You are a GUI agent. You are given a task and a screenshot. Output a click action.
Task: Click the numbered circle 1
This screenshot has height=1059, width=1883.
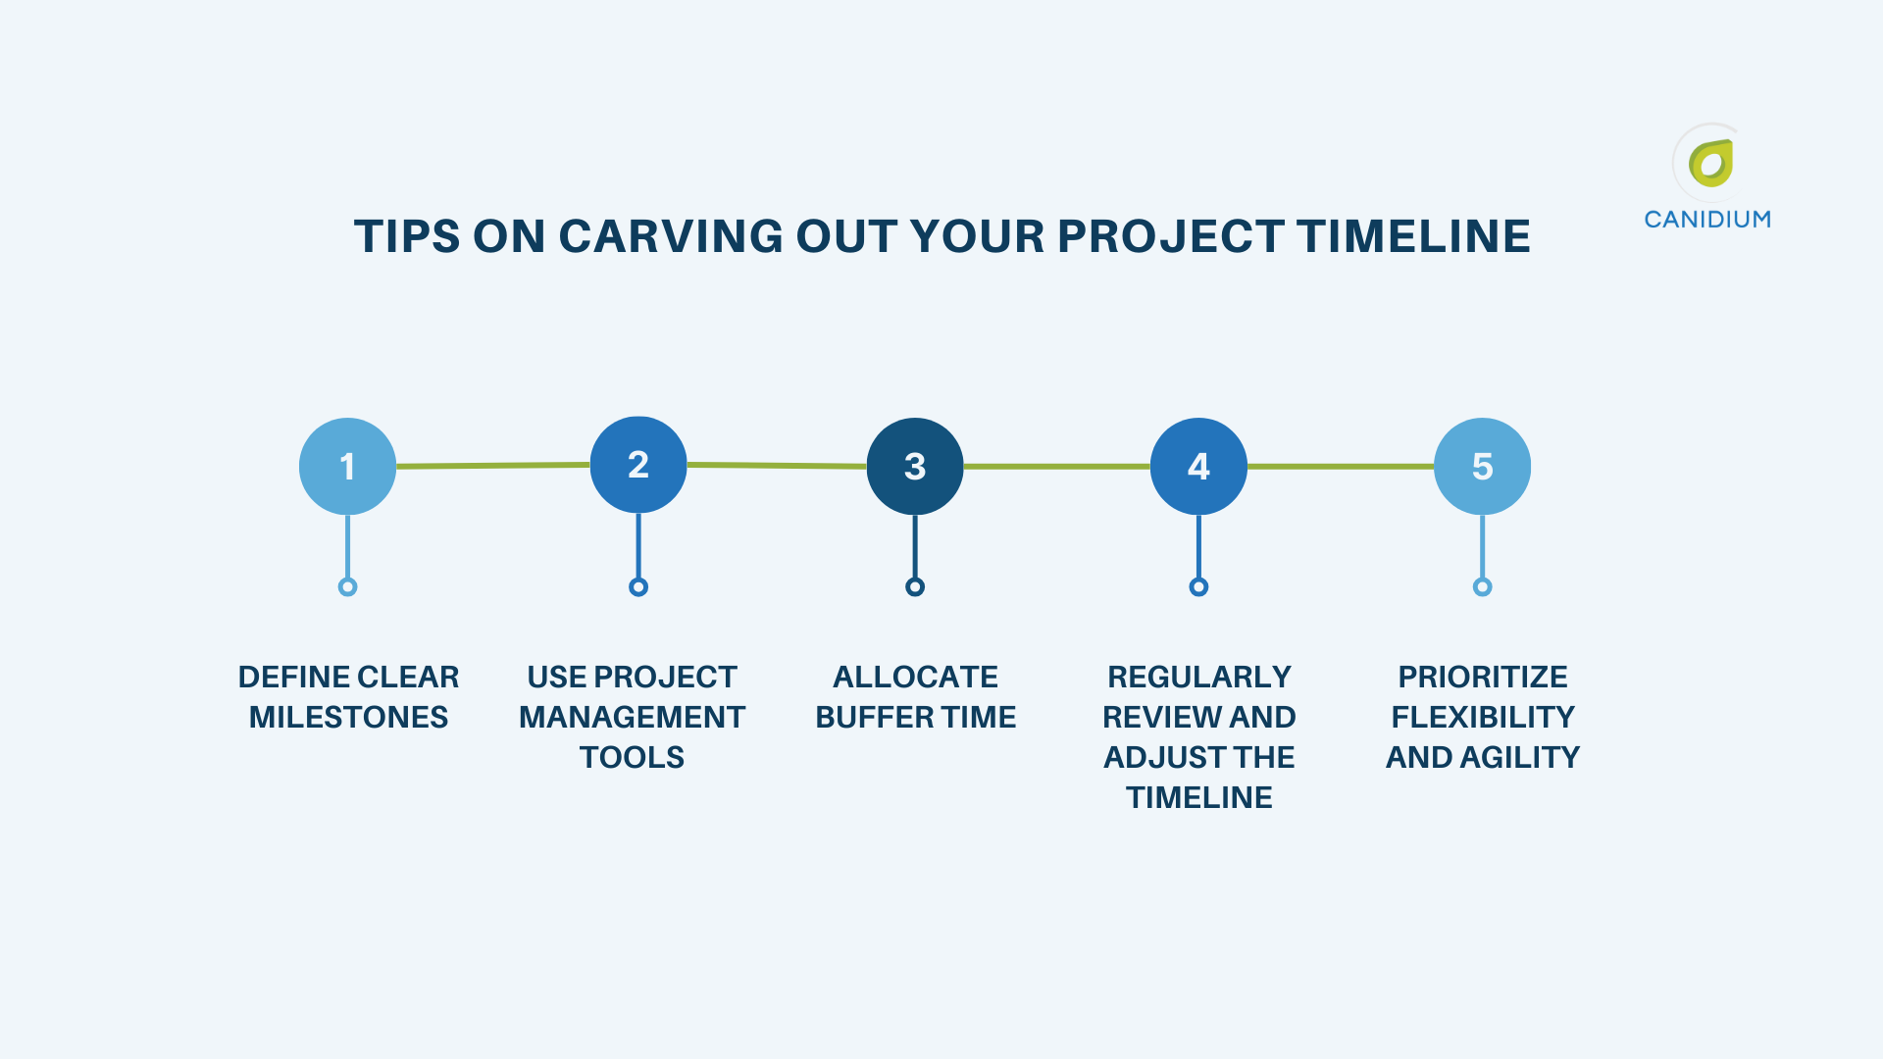[x=347, y=466]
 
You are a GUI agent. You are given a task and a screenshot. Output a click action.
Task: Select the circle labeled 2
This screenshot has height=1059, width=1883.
[x=638, y=464]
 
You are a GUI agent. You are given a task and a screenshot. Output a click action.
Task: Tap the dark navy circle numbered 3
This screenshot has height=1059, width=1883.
[x=915, y=466]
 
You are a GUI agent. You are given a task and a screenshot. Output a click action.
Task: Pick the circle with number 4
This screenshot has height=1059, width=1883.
[x=1198, y=466]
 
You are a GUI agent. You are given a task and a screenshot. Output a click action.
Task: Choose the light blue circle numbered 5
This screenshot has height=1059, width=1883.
[x=1482, y=466]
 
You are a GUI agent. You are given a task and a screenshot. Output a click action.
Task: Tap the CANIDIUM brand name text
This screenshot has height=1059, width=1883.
[x=1707, y=220]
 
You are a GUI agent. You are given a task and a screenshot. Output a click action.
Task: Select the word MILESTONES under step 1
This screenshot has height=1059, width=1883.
[x=348, y=717]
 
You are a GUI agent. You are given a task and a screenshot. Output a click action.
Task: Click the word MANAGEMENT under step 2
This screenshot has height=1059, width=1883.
[x=632, y=717]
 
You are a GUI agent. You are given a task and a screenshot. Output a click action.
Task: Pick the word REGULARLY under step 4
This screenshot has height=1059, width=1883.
[x=1198, y=677]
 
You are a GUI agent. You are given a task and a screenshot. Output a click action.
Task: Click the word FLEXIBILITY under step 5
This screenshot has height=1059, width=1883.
[x=1482, y=717]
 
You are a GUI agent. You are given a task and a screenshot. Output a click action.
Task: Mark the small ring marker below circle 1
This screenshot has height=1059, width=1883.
[x=347, y=587]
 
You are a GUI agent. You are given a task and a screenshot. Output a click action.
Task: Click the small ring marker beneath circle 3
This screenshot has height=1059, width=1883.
[x=915, y=587]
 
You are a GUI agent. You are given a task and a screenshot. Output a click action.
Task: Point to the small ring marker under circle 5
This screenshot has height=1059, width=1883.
[x=1482, y=587]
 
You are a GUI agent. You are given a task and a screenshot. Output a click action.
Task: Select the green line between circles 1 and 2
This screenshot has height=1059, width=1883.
[x=493, y=466]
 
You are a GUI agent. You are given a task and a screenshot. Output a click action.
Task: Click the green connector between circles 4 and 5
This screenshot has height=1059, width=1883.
[x=1341, y=467]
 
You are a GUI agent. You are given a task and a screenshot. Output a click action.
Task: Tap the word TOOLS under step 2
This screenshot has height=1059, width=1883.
[x=632, y=757]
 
